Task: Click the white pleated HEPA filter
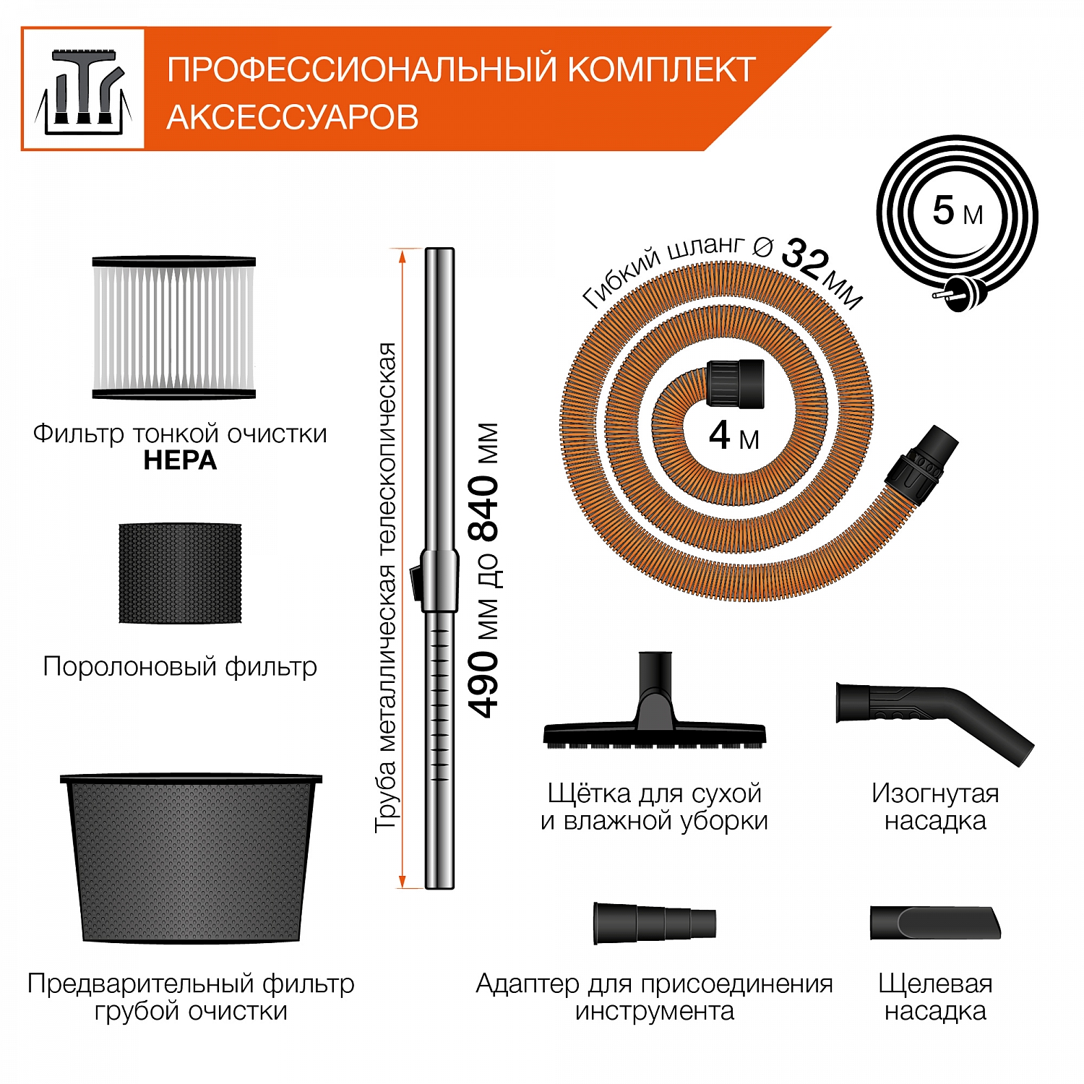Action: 173,327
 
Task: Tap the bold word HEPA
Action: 180,460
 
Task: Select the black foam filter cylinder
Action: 180,573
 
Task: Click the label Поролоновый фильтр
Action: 180,666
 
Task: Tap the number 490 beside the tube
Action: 484,684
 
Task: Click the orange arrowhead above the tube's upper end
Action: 402,253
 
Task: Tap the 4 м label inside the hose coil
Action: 734,436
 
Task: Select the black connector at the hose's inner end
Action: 734,382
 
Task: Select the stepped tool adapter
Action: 653,923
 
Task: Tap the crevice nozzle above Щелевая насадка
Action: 935,923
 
